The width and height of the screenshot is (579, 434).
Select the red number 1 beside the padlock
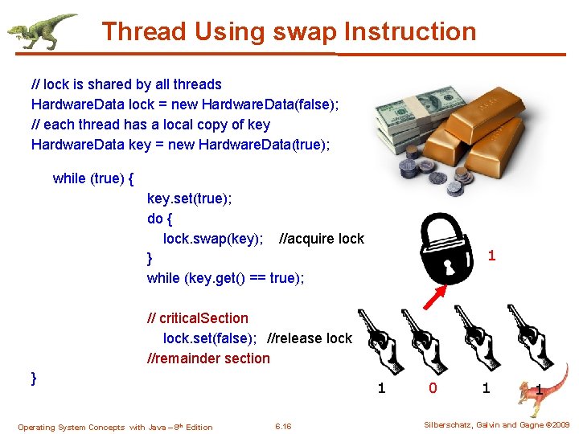pos(491,256)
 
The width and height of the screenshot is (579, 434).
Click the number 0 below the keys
pos(433,389)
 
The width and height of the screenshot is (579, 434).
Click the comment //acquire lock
pos(321,239)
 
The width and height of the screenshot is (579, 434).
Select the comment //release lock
pos(309,338)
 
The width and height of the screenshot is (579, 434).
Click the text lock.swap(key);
pos(213,239)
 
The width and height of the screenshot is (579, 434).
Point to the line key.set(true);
pos(189,199)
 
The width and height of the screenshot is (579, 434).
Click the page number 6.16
pos(283,426)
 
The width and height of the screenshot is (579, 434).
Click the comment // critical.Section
pos(198,318)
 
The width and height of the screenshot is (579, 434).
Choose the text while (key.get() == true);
pos(225,278)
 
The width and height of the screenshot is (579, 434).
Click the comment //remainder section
pos(208,358)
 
